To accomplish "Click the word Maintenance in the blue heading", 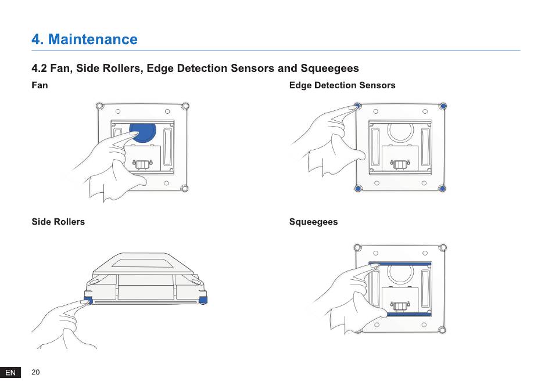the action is coord(92,39).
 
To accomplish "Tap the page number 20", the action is coord(35,372).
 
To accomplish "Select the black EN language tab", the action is coord(10,373).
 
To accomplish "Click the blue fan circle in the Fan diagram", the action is coord(143,132).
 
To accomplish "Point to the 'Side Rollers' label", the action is coord(58,222).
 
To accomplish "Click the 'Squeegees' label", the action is coord(313,222).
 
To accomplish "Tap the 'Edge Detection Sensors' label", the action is coord(342,85).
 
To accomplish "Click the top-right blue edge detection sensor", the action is coord(443,106).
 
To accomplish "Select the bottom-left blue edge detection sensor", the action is coord(358,189).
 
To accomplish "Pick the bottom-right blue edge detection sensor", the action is coord(443,189).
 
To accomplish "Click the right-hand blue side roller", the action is coord(203,300).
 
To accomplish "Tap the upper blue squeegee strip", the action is coord(400,264).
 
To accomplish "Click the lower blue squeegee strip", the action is coord(408,314).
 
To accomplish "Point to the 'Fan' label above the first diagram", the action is coord(40,85).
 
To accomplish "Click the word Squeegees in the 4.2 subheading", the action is coord(329,69).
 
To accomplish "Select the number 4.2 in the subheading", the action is coord(39,69).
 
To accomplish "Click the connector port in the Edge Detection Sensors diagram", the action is coord(400,164).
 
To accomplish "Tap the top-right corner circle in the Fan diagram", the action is coord(185,106).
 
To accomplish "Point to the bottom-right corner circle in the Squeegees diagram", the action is coord(442,330).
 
